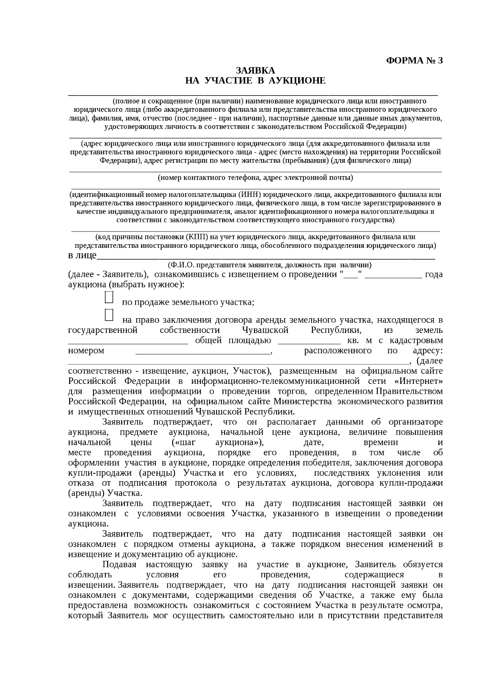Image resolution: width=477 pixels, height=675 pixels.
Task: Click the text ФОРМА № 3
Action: (414, 60)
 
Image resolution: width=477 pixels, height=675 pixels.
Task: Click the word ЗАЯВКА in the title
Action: (256, 71)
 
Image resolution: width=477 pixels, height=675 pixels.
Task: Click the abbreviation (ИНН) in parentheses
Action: (250, 195)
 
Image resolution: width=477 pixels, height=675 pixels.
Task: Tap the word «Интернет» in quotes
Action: (421, 381)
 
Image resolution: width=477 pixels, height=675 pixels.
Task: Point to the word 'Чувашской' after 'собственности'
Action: (265, 331)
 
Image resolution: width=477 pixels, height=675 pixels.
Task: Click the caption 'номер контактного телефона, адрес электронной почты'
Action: (255, 177)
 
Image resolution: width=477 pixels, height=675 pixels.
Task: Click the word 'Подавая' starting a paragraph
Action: (119, 565)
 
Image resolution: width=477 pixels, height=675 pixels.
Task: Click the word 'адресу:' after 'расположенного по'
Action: (428, 351)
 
